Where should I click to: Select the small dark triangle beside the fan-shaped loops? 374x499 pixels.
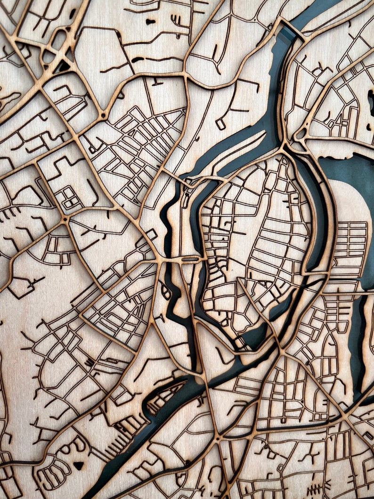tap(78, 465)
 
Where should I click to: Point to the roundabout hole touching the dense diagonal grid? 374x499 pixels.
tap(103, 115)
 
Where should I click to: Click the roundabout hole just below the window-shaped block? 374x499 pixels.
tap(65, 220)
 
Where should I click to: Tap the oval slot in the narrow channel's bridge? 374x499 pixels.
tap(190, 259)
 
